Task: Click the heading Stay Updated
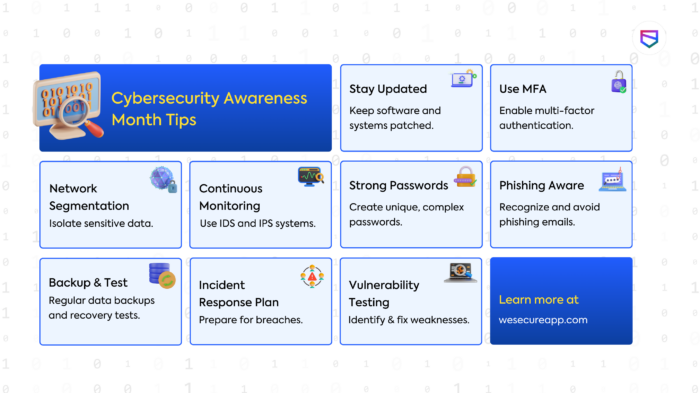point(388,89)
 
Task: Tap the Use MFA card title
point(523,89)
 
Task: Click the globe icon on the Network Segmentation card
point(163,180)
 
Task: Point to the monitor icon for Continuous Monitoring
point(310,177)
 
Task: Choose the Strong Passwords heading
point(398,185)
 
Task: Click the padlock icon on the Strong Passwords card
point(465,178)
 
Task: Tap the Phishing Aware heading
point(542,185)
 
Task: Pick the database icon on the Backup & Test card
point(160,274)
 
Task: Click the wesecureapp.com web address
point(543,320)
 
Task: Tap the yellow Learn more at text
point(538,299)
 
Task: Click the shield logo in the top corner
point(649,39)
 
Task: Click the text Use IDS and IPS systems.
point(257,223)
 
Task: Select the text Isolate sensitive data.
point(101,223)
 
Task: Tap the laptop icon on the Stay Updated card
point(463,80)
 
